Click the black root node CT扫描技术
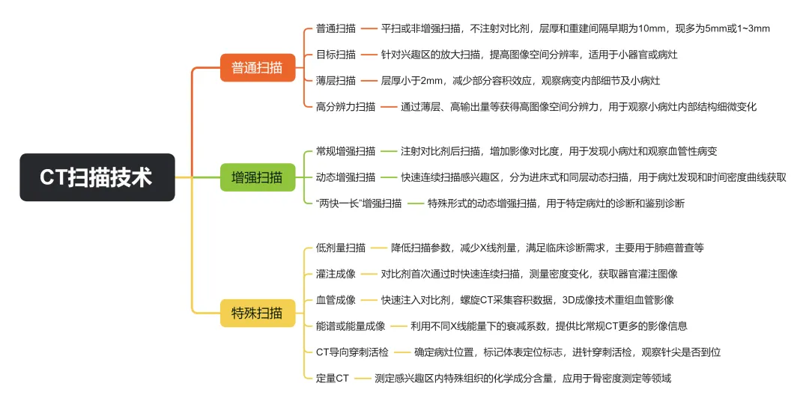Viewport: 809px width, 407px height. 97,177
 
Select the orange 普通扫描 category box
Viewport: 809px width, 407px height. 257,67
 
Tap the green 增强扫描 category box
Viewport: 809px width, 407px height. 257,177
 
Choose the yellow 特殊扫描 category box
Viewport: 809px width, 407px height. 257,312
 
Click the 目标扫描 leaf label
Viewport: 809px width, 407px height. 335,55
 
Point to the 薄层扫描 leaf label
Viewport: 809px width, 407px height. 335,80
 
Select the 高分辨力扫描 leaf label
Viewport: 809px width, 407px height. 345,106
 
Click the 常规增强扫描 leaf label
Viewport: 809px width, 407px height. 345,151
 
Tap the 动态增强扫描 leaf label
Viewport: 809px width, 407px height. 345,177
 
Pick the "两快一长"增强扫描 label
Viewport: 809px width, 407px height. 359,203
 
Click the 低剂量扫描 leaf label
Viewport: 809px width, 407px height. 340,248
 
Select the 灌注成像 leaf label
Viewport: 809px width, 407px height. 335,274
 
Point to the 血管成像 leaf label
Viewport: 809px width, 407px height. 335,300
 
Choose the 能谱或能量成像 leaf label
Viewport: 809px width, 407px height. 351,326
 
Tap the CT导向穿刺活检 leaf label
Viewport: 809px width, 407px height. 352,352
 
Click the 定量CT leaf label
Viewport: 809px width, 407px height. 332,379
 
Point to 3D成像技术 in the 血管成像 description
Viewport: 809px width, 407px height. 591,300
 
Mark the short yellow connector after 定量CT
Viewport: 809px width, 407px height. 362,379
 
